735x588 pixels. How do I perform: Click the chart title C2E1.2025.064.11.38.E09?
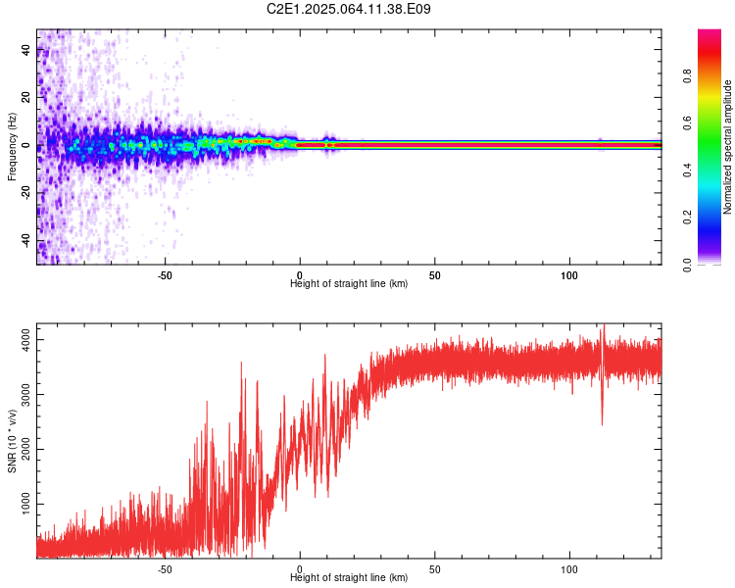(x=349, y=9)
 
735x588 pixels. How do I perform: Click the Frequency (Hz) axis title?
(x=12, y=147)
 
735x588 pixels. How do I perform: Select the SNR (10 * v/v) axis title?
(x=12, y=441)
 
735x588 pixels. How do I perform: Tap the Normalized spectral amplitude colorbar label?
(x=728, y=147)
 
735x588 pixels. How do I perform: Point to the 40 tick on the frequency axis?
(x=25, y=50)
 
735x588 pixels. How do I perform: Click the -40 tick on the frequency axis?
(x=25, y=241)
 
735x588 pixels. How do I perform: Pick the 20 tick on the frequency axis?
(x=25, y=98)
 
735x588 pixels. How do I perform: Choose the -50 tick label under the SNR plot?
(x=165, y=569)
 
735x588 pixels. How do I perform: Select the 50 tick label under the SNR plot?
(x=434, y=569)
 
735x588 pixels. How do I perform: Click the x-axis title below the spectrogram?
(x=349, y=284)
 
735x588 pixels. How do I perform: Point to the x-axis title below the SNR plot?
(x=349, y=578)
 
